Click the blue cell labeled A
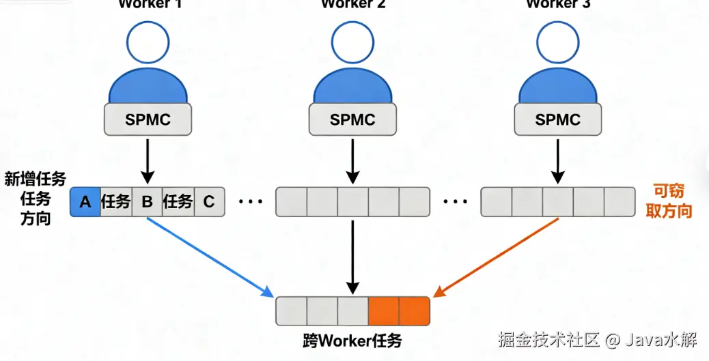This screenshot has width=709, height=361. (85, 201)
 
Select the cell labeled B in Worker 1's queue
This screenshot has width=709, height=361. (147, 201)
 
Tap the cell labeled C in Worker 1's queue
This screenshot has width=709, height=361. (209, 201)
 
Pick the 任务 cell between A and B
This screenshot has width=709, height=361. (115, 201)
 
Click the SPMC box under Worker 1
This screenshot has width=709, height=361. (148, 120)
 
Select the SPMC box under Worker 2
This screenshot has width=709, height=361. (352, 120)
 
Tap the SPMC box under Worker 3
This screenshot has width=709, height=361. (557, 120)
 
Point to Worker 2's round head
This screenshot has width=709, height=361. (352, 43)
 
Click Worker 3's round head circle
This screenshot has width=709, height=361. (557, 43)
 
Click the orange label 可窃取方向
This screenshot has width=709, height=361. (669, 201)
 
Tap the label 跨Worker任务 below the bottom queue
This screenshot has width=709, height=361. (352, 338)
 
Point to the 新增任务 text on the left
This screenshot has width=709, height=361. (36, 179)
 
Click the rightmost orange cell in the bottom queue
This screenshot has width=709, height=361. (414, 311)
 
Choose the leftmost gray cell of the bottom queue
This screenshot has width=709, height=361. (291, 311)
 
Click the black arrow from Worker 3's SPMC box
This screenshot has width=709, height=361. (557, 160)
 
